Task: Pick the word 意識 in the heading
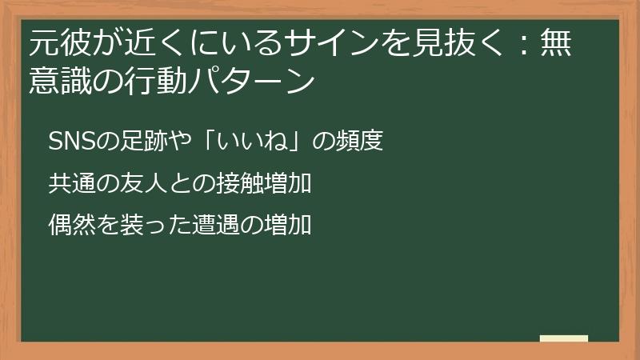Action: coord(60,80)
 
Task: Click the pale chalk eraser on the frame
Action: coord(564,339)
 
